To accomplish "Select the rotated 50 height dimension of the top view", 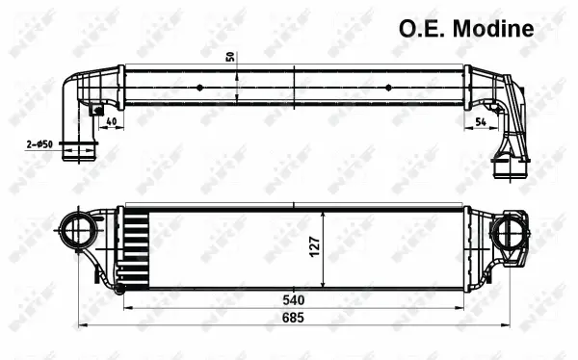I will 230,55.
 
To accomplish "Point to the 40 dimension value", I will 112,123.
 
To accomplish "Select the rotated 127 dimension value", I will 315,247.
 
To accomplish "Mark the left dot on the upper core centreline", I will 199,87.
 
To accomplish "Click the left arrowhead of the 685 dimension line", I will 82,324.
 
